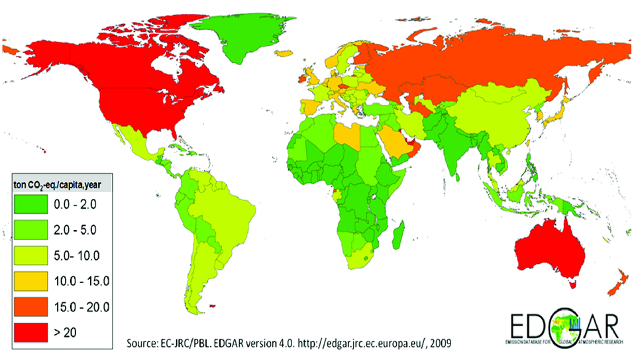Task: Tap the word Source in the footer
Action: (x=143, y=342)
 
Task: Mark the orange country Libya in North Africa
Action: (x=347, y=136)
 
